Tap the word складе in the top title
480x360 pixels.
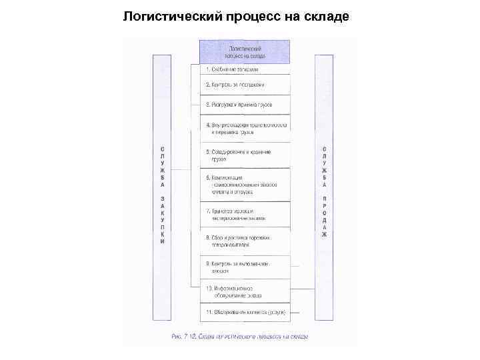coord(327,15)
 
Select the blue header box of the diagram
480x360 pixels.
coord(245,52)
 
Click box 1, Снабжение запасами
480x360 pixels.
coord(245,69)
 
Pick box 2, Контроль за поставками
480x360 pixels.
coord(245,85)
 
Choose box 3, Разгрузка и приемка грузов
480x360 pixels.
coord(245,105)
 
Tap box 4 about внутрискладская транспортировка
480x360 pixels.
coord(245,128)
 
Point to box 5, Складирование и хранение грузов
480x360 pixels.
coord(245,156)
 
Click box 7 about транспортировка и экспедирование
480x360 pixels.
coord(245,214)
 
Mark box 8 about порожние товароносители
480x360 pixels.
coord(245,241)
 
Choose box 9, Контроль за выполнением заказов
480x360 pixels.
coord(245,268)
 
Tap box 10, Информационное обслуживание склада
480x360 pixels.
coord(245,291)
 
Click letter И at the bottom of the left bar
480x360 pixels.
coord(162,242)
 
